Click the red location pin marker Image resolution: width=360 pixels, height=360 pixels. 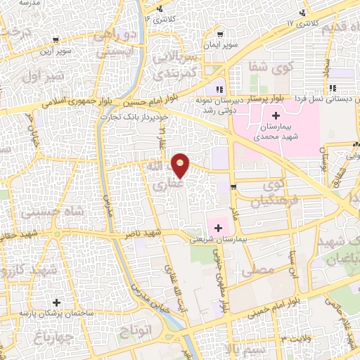[181, 165]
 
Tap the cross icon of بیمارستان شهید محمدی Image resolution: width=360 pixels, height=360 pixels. [276, 116]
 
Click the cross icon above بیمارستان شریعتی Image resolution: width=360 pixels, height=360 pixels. [219, 228]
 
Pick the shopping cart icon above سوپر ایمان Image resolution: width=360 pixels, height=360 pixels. [221, 34]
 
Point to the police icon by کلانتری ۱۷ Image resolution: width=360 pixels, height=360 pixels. [303, 13]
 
